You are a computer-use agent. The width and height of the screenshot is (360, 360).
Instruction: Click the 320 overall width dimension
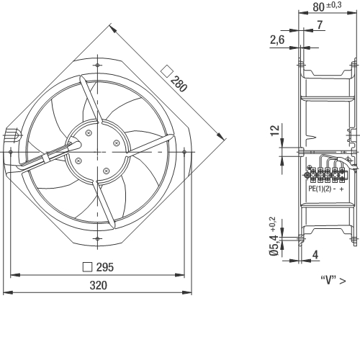point(99,285)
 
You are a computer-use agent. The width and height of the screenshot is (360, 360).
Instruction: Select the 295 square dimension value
point(105,267)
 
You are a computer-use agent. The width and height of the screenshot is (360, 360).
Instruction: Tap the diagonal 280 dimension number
point(179,84)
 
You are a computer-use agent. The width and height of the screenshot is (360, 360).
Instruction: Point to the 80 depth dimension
point(319,7)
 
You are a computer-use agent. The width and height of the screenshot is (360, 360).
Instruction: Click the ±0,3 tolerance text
point(334,5)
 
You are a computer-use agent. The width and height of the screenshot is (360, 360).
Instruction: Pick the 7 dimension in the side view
point(320,24)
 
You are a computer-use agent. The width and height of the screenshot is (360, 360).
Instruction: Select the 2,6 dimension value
point(277,40)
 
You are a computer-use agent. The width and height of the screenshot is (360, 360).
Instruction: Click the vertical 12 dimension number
point(275,130)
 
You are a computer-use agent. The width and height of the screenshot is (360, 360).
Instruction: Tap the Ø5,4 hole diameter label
point(274,246)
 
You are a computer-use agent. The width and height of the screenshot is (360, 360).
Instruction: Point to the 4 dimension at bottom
point(315,255)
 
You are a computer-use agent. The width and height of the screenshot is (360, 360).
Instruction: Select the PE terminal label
point(312,189)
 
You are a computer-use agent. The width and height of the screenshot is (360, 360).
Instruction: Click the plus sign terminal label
point(342,189)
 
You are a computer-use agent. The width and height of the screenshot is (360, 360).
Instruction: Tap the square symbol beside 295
point(87,267)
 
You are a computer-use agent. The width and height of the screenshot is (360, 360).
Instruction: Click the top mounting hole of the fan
point(97,65)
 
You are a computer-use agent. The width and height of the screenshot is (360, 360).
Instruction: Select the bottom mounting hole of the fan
point(97,238)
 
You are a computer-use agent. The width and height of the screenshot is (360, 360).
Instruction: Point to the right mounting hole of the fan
point(184,152)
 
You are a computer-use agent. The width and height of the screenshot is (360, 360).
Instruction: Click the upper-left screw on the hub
point(89,132)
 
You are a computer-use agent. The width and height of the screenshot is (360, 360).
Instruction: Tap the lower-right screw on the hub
point(106,171)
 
